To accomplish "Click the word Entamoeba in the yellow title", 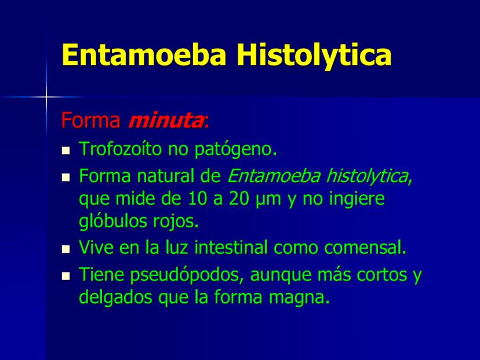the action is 144,54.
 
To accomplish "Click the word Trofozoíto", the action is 120,149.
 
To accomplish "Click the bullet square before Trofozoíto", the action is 66,151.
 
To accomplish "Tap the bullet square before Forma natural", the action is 66,177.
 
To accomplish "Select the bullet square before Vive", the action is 66,249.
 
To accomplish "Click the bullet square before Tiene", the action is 66,276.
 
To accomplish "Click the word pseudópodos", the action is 184,275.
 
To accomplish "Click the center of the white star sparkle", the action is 46,97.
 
